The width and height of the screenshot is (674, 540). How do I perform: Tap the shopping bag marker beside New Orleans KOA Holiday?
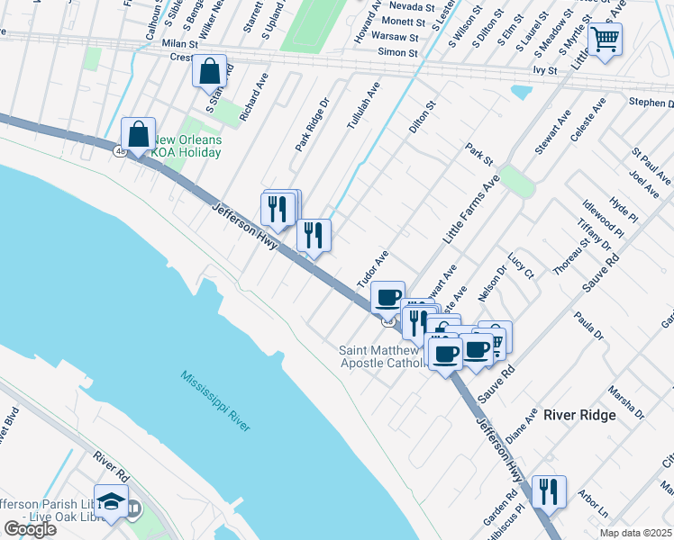[x=139, y=135]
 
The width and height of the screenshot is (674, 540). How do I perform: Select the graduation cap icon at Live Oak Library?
[x=111, y=502]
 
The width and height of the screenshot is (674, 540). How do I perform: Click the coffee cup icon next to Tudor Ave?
[x=387, y=297]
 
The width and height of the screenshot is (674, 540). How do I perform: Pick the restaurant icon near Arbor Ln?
[x=548, y=491]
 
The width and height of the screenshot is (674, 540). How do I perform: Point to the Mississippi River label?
[x=214, y=400]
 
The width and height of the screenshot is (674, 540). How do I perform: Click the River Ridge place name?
[x=579, y=415]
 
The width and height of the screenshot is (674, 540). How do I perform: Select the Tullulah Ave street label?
[x=364, y=106]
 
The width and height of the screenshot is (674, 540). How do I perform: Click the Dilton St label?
[x=423, y=117]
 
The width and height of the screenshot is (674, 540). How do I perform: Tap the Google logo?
[x=30, y=529]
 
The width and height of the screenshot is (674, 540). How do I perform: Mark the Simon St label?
[x=397, y=53]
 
